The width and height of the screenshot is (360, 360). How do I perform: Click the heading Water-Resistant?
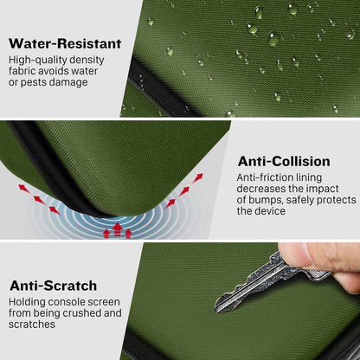(65, 43)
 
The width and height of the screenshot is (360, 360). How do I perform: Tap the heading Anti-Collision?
(284, 161)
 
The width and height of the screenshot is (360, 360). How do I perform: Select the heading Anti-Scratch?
(54, 286)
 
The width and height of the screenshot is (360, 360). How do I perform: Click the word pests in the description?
(33, 82)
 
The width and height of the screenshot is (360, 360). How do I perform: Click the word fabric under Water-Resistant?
(22, 71)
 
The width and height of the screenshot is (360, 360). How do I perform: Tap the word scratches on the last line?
(32, 325)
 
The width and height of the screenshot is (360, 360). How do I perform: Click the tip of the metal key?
(216, 308)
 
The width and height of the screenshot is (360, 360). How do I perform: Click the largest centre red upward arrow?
(118, 229)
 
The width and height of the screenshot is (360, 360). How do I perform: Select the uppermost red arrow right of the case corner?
(197, 177)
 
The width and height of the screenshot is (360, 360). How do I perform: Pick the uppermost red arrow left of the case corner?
(23, 189)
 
